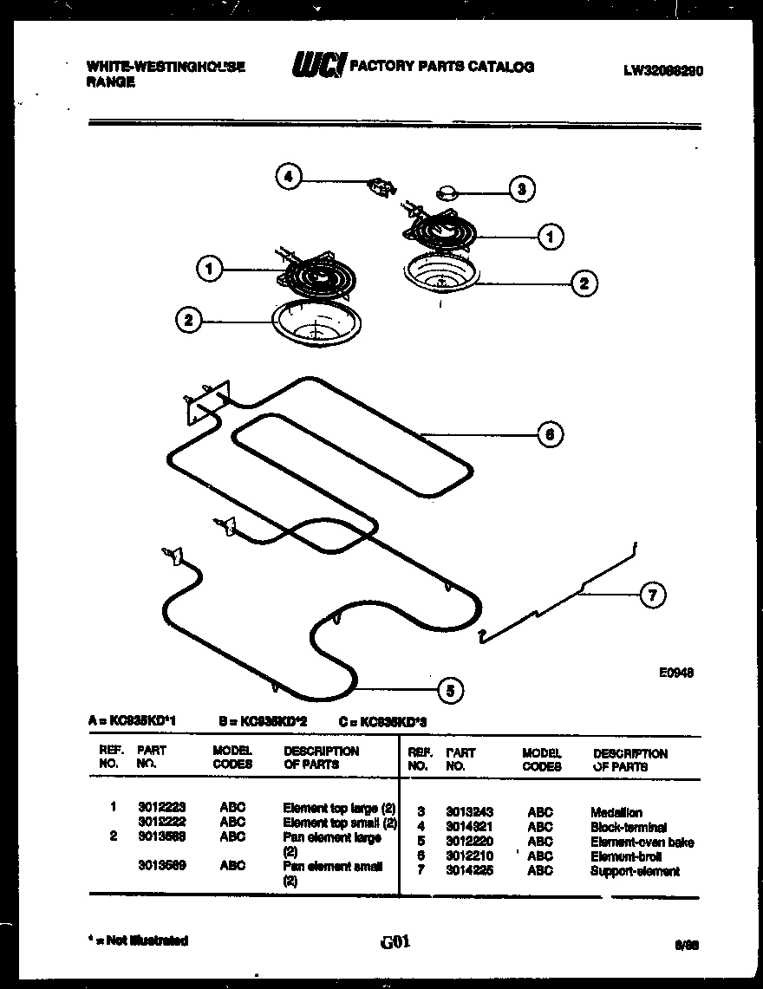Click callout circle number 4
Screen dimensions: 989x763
(x=289, y=178)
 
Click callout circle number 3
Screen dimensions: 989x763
(x=520, y=188)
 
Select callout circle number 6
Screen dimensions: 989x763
(x=550, y=433)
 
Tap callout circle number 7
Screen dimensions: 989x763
(x=653, y=595)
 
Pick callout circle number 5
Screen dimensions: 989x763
(x=448, y=690)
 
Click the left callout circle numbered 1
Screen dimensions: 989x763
(x=208, y=270)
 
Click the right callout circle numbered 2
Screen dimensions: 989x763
(x=584, y=283)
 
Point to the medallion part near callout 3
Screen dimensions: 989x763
(x=447, y=191)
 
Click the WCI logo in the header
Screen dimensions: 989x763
(x=318, y=65)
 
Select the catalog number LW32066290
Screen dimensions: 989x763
(x=662, y=72)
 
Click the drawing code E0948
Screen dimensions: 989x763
(x=676, y=672)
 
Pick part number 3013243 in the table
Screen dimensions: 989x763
(x=469, y=812)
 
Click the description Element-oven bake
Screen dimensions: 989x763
(x=642, y=842)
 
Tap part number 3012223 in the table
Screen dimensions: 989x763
(x=161, y=806)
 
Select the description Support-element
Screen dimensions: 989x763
(x=635, y=871)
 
